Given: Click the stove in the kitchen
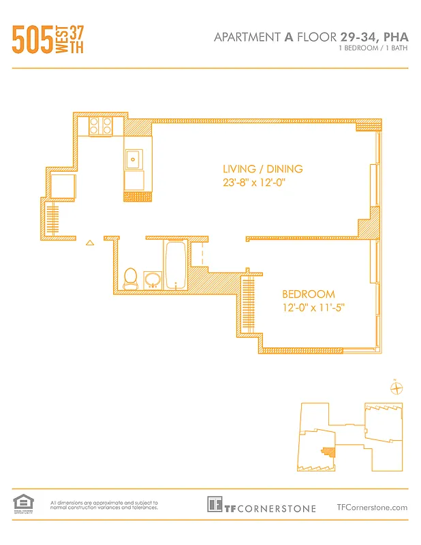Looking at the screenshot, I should click(101, 126).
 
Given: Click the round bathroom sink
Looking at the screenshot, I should click(153, 279).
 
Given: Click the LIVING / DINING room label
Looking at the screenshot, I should click(262, 169).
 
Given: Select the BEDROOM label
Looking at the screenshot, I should click(309, 294).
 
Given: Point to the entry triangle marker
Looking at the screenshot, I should click(89, 241).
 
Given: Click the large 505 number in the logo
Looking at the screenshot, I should click(32, 41).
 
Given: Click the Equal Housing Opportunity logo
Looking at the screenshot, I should click(22, 504).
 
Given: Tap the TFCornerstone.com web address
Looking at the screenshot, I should click(372, 507).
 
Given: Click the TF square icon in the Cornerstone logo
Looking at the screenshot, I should click(215, 505).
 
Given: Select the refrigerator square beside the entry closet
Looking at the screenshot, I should click(61, 185).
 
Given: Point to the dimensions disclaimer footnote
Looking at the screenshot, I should click(104, 505).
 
